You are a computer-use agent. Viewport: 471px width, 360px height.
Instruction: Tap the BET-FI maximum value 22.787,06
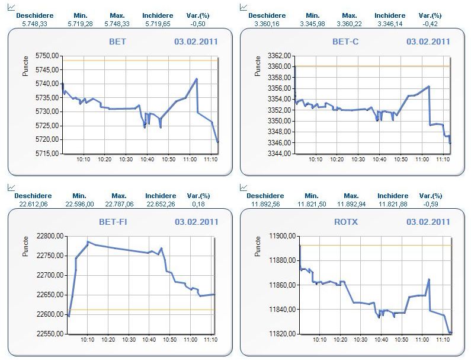(119, 203)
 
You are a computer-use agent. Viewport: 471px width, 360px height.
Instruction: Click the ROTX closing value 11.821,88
(392, 203)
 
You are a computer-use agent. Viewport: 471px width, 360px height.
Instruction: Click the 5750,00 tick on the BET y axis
(48, 55)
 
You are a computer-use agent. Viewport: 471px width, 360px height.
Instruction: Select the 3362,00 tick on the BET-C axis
(279, 55)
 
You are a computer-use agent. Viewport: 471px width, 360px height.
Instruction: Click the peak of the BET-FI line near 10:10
(88, 242)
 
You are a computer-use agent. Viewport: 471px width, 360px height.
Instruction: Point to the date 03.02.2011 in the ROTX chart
(428, 222)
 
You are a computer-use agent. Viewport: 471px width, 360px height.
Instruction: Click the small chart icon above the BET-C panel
(243, 7)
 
